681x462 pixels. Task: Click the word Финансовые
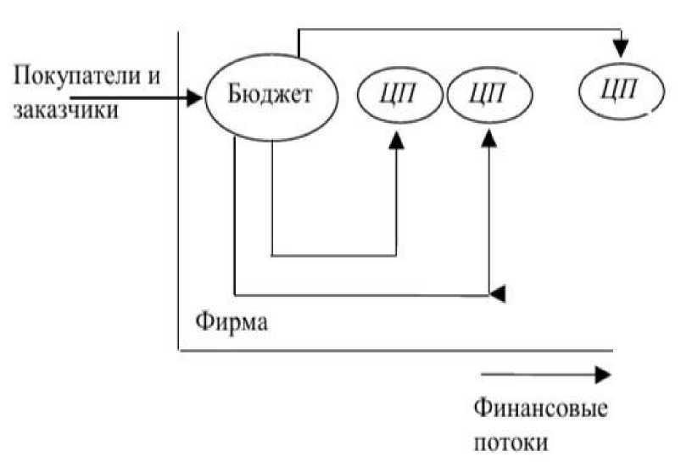(x=540, y=409)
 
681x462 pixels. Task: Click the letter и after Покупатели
(x=154, y=75)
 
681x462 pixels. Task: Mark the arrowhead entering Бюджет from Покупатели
(x=196, y=98)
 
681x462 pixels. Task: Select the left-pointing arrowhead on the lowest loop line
(x=499, y=294)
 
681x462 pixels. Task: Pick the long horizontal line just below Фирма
(x=395, y=349)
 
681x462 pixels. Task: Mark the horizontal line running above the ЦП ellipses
(x=458, y=29)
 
